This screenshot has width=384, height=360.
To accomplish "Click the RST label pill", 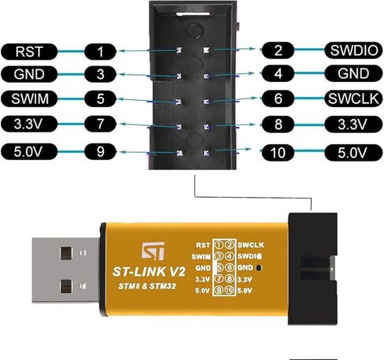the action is (x=29, y=51).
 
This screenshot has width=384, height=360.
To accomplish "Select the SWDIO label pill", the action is (x=353, y=50).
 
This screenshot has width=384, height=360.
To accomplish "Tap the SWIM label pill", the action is (x=29, y=98).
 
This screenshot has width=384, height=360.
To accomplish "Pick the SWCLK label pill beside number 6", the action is (x=353, y=98).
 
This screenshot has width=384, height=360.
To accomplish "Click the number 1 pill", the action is (x=100, y=51).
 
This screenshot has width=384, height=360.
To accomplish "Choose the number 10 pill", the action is (x=278, y=153).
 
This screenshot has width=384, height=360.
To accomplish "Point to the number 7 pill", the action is (x=100, y=124).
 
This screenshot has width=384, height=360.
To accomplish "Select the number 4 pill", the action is (x=278, y=73).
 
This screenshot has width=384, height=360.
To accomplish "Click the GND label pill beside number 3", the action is (x=29, y=74).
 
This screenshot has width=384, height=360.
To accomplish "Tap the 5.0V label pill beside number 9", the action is (x=29, y=151).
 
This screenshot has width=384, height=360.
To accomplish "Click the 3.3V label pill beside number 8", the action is (x=353, y=124).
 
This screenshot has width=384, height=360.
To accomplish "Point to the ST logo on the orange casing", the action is (x=153, y=251).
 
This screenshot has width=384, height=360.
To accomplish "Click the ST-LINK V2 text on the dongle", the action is (x=149, y=272).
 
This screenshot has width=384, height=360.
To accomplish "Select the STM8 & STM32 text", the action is (x=147, y=286).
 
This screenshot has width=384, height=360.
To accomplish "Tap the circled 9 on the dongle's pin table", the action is (x=219, y=290).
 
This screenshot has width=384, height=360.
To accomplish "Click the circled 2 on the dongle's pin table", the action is (x=230, y=245).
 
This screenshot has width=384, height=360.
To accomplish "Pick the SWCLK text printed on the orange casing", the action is (x=251, y=245).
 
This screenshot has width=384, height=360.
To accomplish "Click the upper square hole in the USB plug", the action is (x=66, y=253).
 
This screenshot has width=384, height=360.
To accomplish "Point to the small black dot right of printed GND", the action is (x=259, y=268).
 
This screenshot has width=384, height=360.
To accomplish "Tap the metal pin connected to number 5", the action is (x=179, y=102).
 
